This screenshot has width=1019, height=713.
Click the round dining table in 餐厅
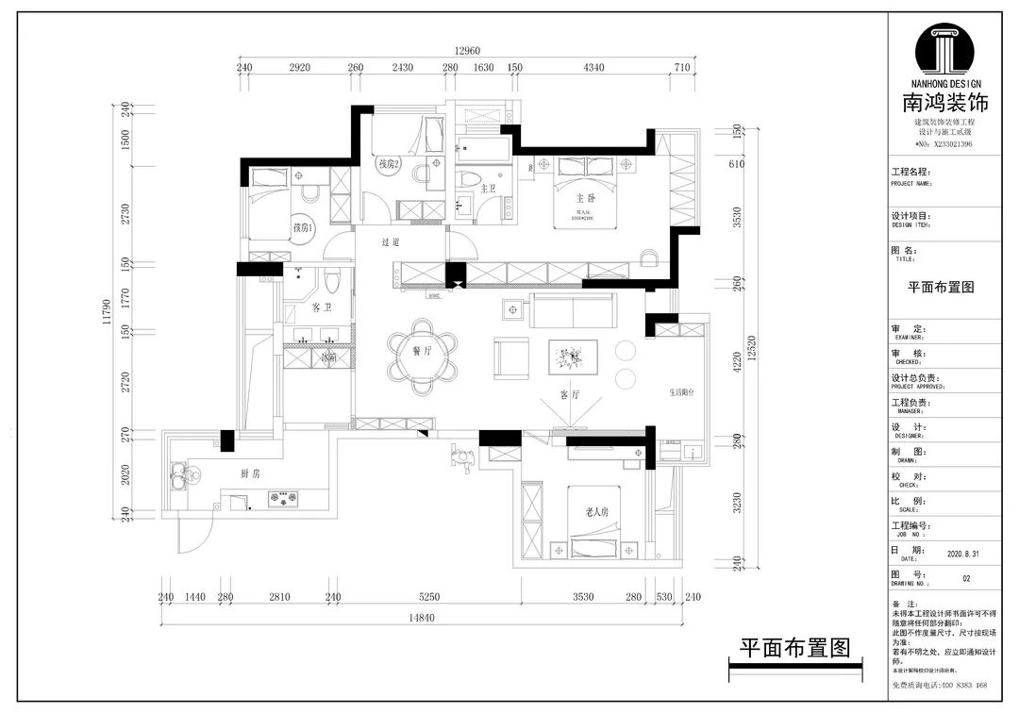tap(421, 351)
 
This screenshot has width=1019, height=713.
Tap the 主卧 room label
tap(586, 199)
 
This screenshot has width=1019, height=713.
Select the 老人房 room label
tap(596, 512)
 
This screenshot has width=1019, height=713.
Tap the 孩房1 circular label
tap(302, 227)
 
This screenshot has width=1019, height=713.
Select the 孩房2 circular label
tap(390, 164)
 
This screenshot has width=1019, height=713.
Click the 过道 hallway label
tap(392, 242)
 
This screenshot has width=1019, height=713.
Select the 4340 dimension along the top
tap(594, 68)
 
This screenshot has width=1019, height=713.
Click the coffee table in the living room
tap(572, 356)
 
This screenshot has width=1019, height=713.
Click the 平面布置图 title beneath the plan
tap(794, 648)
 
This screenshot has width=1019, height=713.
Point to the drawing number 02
tap(965, 578)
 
